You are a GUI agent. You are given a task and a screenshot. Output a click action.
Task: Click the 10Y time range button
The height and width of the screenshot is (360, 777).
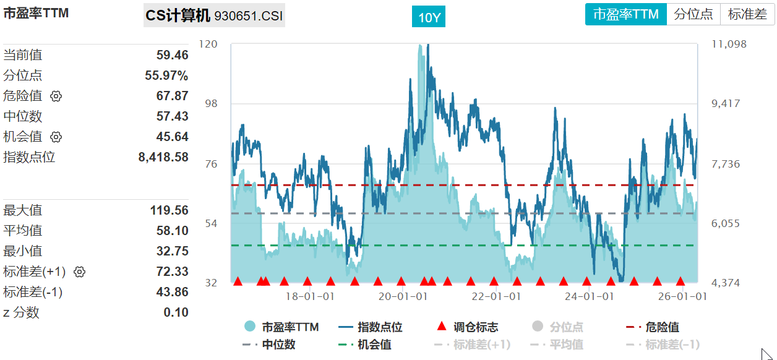[429, 17]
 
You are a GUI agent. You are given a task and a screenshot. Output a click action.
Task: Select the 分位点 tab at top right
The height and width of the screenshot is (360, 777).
[693, 14]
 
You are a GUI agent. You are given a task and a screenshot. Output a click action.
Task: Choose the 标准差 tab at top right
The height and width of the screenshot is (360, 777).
[747, 14]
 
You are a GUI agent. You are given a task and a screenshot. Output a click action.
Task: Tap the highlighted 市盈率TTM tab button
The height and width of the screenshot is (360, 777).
[626, 14]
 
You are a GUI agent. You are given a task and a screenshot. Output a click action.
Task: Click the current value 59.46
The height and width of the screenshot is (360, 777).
[172, 55]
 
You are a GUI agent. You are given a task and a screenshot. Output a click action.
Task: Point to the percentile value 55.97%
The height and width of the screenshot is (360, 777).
[166, 75]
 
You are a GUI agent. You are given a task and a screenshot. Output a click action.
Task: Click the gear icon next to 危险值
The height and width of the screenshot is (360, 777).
[56, 96]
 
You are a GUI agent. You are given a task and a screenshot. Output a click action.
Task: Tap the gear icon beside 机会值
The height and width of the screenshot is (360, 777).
[56, 137]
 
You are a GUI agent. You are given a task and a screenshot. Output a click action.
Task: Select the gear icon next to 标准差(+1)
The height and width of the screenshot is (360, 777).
[79, 272]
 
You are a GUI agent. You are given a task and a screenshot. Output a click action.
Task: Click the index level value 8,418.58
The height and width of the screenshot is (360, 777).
[163, 157]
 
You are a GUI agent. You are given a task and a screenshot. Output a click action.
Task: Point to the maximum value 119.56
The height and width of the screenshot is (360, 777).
[169, 210]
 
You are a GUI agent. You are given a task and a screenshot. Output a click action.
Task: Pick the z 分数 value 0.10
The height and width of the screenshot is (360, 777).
[176, 312]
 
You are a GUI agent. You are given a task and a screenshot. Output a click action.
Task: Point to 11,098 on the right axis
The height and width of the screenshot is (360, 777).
[729, 44]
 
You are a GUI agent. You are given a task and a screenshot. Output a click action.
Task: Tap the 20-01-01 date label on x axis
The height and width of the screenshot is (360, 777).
[403, 296]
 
